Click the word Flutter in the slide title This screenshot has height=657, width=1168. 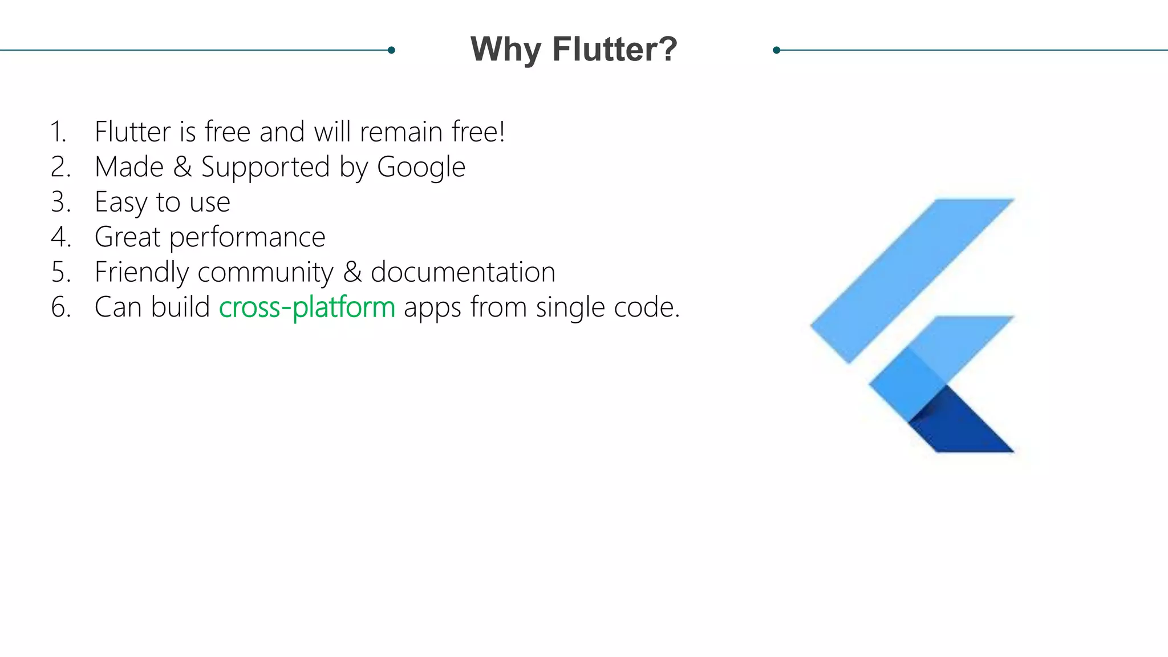(614, 50)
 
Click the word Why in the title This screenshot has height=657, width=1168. (505, 50)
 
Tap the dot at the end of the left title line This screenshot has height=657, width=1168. (391, 50)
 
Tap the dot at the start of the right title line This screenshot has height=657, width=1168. (776, 50)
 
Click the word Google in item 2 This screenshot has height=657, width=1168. (421, 168)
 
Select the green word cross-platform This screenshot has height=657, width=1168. (307, 307)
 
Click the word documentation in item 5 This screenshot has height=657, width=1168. (463, 272)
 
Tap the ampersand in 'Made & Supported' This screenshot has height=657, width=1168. (182, 167)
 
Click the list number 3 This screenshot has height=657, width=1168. (60, 202)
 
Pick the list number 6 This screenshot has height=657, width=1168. (60, 307)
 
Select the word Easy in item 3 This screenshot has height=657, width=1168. (121, 202)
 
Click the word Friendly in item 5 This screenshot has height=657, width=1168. (141, 272)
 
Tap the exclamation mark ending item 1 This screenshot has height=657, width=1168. (502, 132)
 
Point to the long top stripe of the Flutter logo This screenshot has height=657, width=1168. (912, 279)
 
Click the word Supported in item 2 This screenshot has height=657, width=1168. (265, 168)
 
